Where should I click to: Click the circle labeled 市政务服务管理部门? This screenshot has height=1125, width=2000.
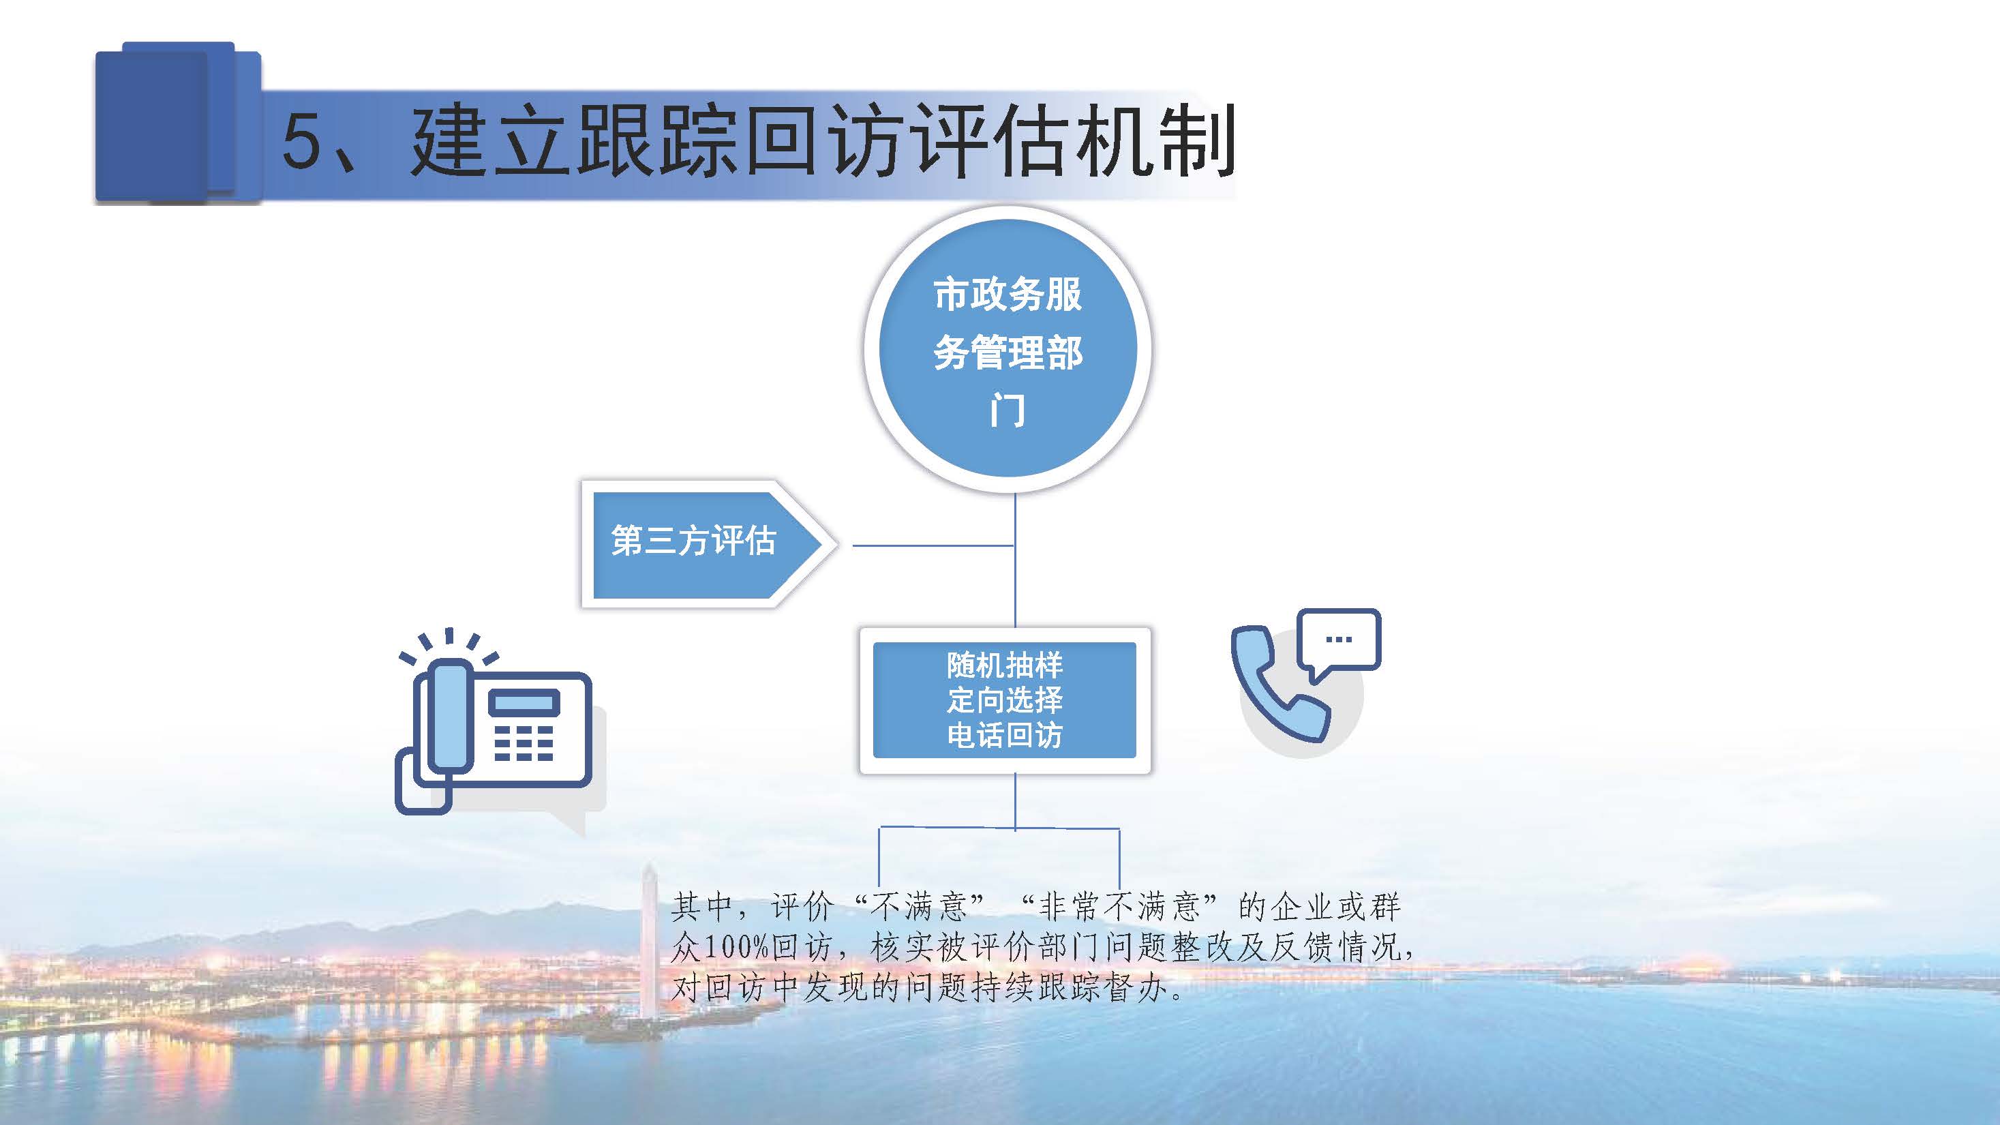[1007, 348]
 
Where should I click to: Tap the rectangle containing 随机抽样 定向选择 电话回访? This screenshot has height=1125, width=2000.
[1005, 700]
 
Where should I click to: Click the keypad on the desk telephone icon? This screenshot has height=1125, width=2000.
[524, 743]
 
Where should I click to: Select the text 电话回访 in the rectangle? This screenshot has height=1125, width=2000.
[1005, 734]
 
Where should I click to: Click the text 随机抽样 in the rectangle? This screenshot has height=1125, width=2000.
[1005, 665]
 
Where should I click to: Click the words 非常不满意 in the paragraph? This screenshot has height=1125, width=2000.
[1118, 906]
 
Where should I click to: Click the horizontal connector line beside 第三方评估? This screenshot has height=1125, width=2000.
[933, 545]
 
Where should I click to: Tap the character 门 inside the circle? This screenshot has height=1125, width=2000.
[1007, 410]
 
